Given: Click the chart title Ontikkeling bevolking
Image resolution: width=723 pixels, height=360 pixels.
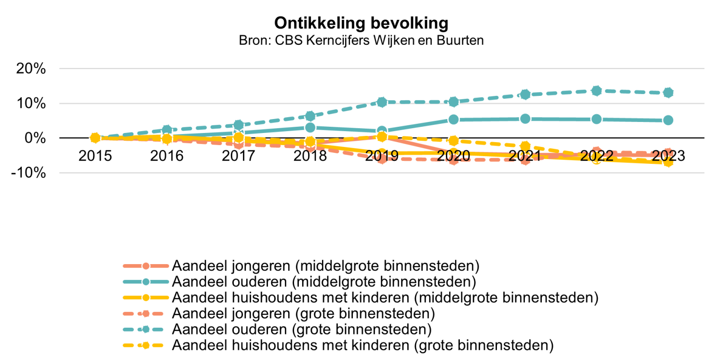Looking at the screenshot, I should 361,23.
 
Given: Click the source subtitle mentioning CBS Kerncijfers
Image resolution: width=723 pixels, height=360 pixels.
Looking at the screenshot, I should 361,40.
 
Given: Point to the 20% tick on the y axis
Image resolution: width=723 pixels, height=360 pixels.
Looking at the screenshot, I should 31,68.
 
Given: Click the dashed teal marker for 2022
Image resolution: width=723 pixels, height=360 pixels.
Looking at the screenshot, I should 596,91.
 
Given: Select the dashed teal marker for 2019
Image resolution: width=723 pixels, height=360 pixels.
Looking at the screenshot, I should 382,102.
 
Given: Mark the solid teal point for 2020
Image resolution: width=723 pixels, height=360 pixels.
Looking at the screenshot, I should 453,120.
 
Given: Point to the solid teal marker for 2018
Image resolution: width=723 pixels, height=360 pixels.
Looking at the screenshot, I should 310,127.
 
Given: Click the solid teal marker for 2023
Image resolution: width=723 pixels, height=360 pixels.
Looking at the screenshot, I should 668,120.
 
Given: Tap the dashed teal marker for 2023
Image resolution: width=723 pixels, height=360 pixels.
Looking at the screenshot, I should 668,93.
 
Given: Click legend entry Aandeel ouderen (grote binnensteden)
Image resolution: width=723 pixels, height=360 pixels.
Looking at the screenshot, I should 301,330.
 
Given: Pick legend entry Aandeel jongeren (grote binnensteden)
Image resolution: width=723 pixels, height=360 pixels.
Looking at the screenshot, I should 304,313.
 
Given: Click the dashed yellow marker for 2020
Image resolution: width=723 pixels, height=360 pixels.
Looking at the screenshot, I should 453,141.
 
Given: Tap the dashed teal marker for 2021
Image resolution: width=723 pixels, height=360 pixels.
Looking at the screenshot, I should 525,94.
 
